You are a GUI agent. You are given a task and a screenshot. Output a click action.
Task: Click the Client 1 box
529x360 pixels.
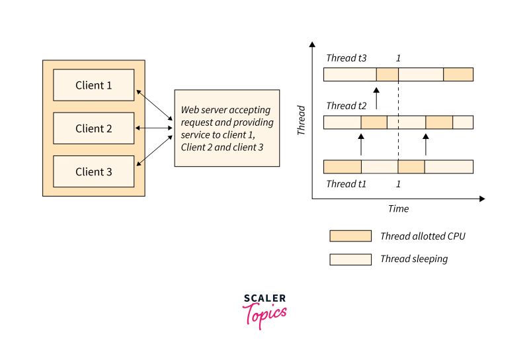pyautogui.click(x=93, y=85)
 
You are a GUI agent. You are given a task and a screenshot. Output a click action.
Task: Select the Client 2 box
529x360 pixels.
pyautogui.click(x=93, y=128)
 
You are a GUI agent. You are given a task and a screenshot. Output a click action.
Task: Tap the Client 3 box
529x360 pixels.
pyautogui.click(x=93, y=172)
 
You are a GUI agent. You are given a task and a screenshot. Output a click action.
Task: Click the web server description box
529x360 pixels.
pyautogui.click(x=227, y=128)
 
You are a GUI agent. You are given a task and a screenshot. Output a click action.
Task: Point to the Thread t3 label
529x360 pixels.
pyautogui.click(x=346, y=58)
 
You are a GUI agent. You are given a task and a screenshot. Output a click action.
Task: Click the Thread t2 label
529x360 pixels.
pyautogui.click(x=346, y=105)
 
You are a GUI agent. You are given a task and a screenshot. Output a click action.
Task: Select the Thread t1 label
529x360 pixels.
pyautogui.click(x=346, y=184)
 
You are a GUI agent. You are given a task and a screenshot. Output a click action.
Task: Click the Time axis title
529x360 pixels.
pyautogui.click(x=398, y=208)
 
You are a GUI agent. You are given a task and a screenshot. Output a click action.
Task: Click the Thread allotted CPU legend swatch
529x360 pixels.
pyautogui.click(x=350, y=236)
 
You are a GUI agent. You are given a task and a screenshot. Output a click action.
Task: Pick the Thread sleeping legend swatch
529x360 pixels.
pyautogui.click(x=350, y=259)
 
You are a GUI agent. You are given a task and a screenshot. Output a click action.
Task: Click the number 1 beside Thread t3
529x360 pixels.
pyautogui.click(x=398, y=58)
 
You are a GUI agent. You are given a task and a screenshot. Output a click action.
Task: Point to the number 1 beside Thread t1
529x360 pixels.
pyautogui.click(x=398, y=184)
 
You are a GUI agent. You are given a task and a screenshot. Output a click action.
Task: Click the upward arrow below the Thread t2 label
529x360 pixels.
pyautogui.click(x=376, y=98)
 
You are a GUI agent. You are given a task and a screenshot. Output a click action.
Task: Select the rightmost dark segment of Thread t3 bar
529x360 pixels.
pyautogui.click(x=458, y=74)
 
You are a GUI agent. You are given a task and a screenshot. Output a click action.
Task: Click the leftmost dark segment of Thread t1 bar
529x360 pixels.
pyautogui.click(x=343, y=166)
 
